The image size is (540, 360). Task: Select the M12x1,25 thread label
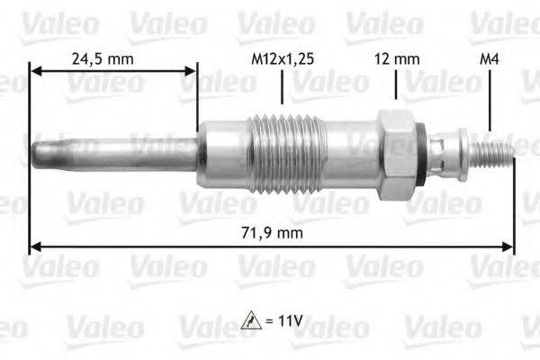tap(283, 60)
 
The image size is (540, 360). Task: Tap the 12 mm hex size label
tap(396, 60)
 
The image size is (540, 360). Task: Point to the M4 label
tap(490, 60)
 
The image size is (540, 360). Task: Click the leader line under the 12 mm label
tap(396, 86)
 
